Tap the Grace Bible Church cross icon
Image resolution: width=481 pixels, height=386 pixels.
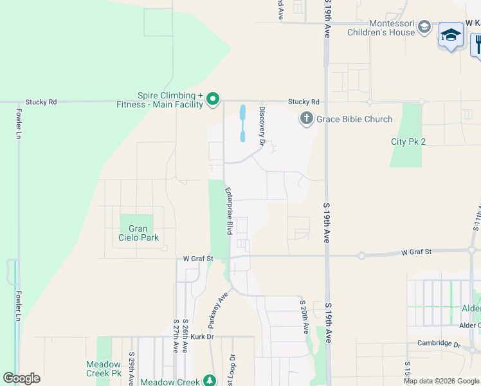pyautogui.click(x=306, y=119)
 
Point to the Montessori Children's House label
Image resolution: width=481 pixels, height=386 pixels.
pyautogui.click(x=381, y=27)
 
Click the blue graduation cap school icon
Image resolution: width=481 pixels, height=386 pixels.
pyautogui.click(x=451, y=35)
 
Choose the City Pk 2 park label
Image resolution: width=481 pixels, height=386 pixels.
pyautogui.click(x=408, y=142)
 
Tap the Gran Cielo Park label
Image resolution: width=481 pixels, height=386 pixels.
pyautogui.click(x=138, y=233)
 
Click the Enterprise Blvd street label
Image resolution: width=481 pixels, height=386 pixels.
pyautogui.click(x=228, y=210)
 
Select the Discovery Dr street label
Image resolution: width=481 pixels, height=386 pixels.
pyautogui.click(x=262, y=126)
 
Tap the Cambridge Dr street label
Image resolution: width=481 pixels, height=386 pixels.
pyautogui.click(x=439, y=344)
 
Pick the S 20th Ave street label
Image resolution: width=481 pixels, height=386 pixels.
pyautogui.click(x=303, y=316)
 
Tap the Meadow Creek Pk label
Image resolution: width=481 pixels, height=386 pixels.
pyautogui.click(x=104, y=368)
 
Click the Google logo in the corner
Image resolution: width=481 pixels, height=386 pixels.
pyautogui.click(x=21, y=378)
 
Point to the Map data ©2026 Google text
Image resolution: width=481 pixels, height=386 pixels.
pyautogui.click(x=441, y=381)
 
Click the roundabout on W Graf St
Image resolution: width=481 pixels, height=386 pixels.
pyautogui.click(x=361, y=255)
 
